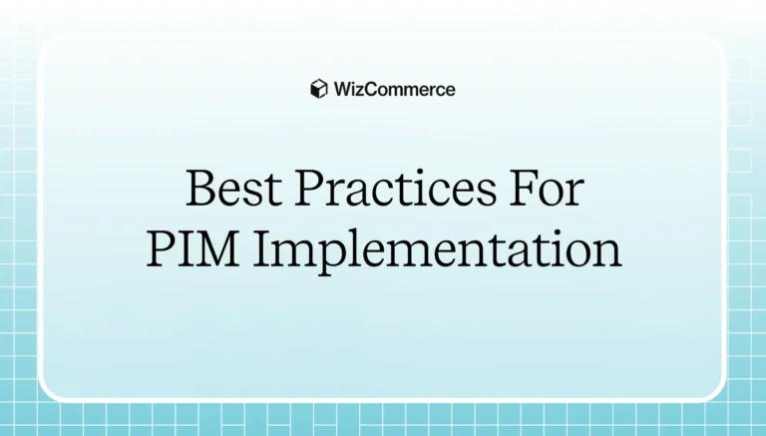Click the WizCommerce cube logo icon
[x=319, y=89]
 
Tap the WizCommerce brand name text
[x=393, y=89]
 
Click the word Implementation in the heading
[x=436, y=250]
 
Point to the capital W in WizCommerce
[x=342, y=89]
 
